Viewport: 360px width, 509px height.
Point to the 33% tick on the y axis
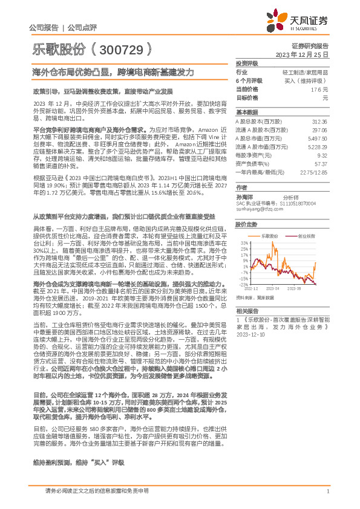tap(244, 242)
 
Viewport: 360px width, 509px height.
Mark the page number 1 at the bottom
tap(327, 491)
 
